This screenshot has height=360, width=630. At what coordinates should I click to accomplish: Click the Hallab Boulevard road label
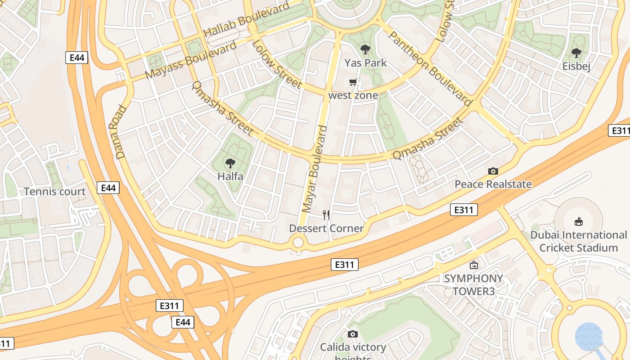click(x=246, y=20)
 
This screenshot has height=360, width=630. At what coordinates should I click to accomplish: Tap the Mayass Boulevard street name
click(x=191, y=60)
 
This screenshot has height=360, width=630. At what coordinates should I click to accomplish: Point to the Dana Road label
click(x=120, y=132)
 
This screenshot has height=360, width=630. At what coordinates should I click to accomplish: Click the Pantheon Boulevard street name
click(x=430, y=68)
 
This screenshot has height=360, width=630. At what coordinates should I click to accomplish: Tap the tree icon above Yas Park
click(x=365, y=49)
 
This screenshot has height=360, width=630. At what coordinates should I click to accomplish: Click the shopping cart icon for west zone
click(x=353, y=82)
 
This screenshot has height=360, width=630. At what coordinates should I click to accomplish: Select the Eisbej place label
click(x=576, y=66)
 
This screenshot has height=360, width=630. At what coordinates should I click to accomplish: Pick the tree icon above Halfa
click(x=230, y=163)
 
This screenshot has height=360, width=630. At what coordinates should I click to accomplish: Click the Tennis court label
click(x=54, y=192)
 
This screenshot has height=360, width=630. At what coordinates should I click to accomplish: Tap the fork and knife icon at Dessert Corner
click(x=326, y=215)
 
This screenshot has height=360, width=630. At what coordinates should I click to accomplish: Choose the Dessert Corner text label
click(x=326, y=229)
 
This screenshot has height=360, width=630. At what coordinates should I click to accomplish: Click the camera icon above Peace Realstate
click(x=493, y=171)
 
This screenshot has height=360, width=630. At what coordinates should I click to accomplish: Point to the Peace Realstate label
click(x=493, y=184)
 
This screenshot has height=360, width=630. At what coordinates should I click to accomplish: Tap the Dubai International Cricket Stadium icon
click(x=578, y=221)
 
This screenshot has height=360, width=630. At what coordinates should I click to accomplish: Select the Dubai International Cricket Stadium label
click(x=578, y=241)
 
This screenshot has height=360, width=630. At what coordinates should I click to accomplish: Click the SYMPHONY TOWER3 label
click(x=473, y=284)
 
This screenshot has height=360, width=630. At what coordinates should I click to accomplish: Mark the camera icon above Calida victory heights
click(x=353, y=334)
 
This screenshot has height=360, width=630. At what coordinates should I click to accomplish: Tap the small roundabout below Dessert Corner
click(x=298, y=243)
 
